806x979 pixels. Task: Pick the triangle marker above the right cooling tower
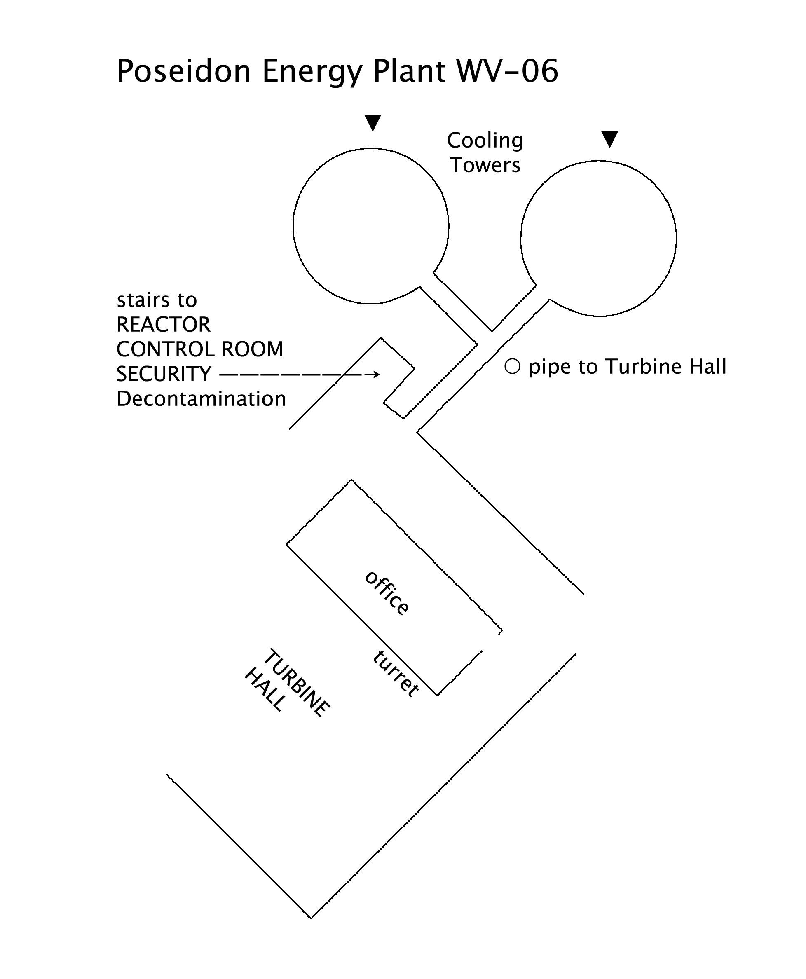click(x=609, y=139)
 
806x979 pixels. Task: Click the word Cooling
click(x=485, y=141)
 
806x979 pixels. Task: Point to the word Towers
click(x=485, y=165)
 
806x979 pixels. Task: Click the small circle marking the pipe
click(x=512, y=367)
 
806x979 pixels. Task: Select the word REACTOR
click(x=164, y=324)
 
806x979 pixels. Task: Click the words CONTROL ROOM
click(x=199, y=349)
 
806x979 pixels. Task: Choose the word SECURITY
click(x=164, y=374)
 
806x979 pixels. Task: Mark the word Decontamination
click(x=201, y=399)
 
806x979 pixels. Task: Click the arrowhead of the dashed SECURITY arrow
click(x=376, y=374)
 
